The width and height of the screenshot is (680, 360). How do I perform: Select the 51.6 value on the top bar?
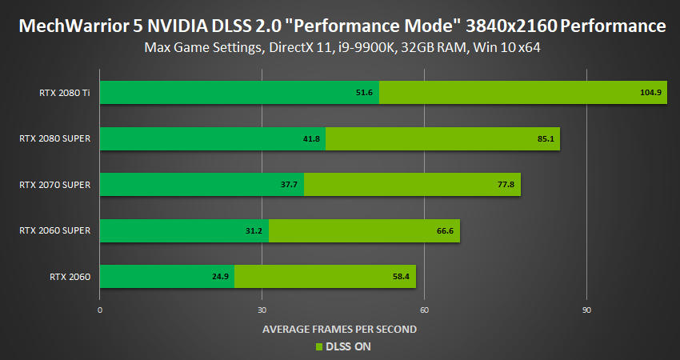click(365, 93)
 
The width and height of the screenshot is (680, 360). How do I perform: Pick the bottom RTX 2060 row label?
click(70, 278)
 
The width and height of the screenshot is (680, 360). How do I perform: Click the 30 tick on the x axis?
click(262, 310)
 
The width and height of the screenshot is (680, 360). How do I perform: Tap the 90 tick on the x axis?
click(586, 310)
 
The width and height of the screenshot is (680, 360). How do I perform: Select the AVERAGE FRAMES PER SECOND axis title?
click(340, 329)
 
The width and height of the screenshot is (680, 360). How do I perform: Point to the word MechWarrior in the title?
click(63, 26)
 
